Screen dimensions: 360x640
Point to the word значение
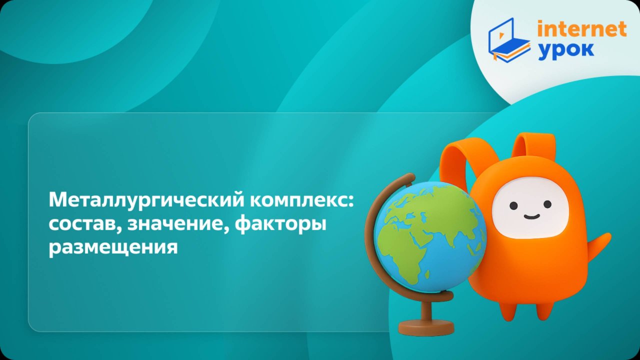point(178,224)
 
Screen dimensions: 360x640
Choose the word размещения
point(113,247)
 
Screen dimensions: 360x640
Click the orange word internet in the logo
point(581,29)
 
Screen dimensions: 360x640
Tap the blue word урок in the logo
point(566,50)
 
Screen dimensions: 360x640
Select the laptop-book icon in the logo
point(508,40)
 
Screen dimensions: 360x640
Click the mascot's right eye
point(547,204)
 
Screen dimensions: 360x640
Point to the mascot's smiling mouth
point(531,216)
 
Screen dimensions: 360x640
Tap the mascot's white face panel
point(530,207)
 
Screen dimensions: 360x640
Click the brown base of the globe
point(426,328)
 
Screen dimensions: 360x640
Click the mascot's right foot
point(545,310)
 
